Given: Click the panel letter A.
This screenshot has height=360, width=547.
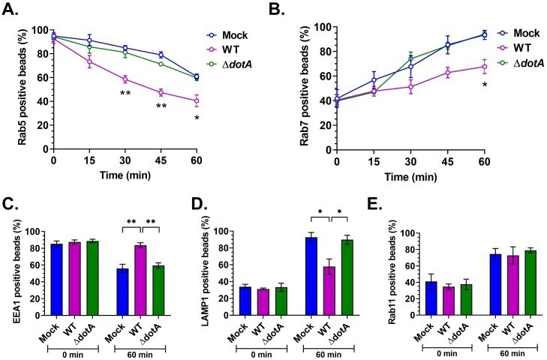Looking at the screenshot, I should click(x=13, y=11).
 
